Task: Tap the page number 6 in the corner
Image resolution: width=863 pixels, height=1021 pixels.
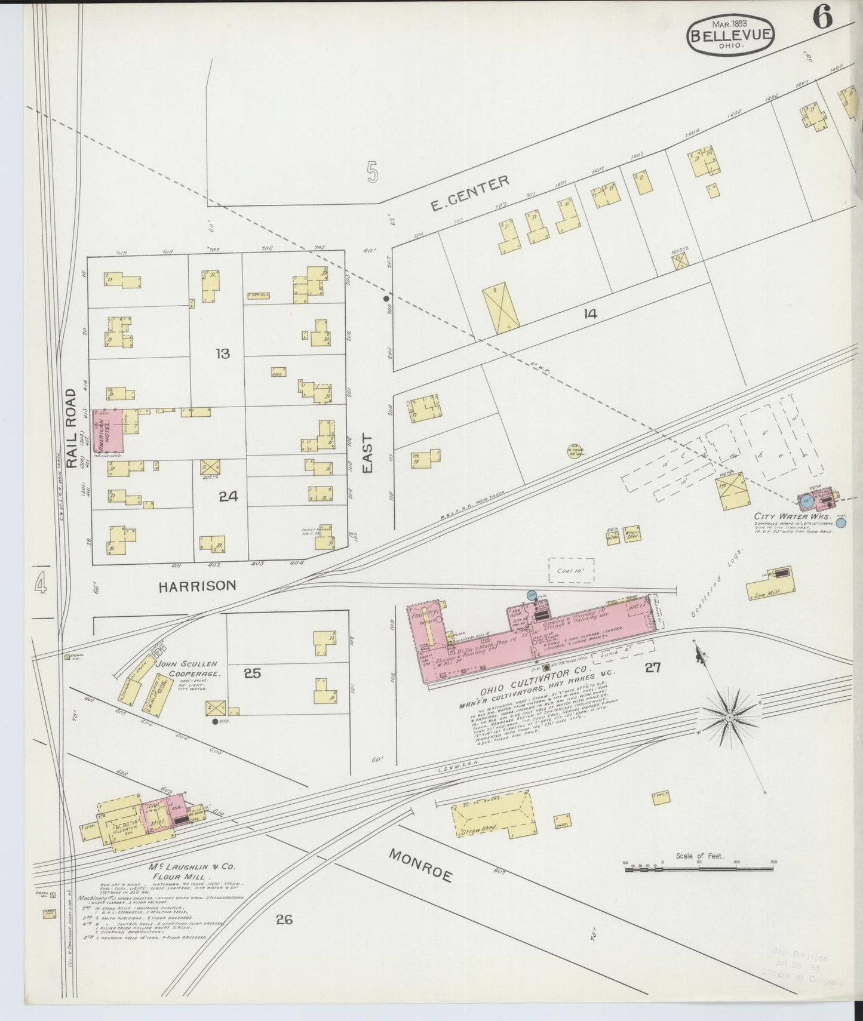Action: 822,20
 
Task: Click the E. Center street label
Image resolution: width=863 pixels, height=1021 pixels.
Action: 470,194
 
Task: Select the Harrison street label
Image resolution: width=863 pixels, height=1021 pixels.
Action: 197,586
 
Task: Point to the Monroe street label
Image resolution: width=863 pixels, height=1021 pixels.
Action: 420,865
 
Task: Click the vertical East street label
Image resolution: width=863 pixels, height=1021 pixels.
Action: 367,454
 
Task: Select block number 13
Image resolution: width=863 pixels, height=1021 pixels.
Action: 222,354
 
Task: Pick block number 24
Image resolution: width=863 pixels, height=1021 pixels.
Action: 228,496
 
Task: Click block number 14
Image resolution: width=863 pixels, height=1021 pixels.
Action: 590,313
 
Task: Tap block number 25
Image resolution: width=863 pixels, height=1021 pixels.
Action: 253,673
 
